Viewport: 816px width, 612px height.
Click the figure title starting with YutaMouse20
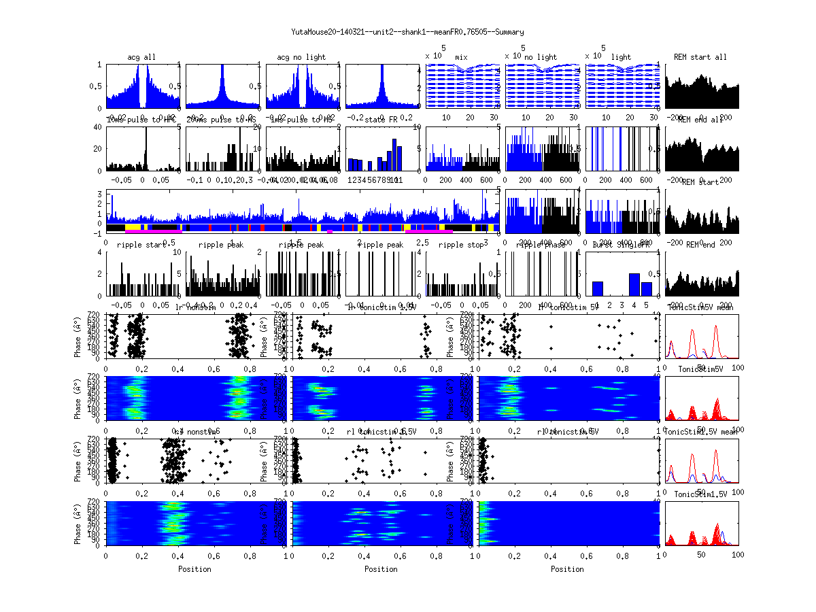pos(407,32)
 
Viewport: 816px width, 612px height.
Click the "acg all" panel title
pos(141,57)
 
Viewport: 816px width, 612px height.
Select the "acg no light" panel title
pos(301,57)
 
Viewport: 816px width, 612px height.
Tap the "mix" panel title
pos(461,57)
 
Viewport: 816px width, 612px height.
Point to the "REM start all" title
pos(700,57)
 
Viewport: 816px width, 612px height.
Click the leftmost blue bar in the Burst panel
pos(598,288)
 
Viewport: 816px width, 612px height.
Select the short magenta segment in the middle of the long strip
pos(330,232)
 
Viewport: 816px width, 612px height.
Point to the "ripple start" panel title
pos(141,245)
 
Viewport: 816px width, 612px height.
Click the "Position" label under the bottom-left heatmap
pos(194,569)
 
